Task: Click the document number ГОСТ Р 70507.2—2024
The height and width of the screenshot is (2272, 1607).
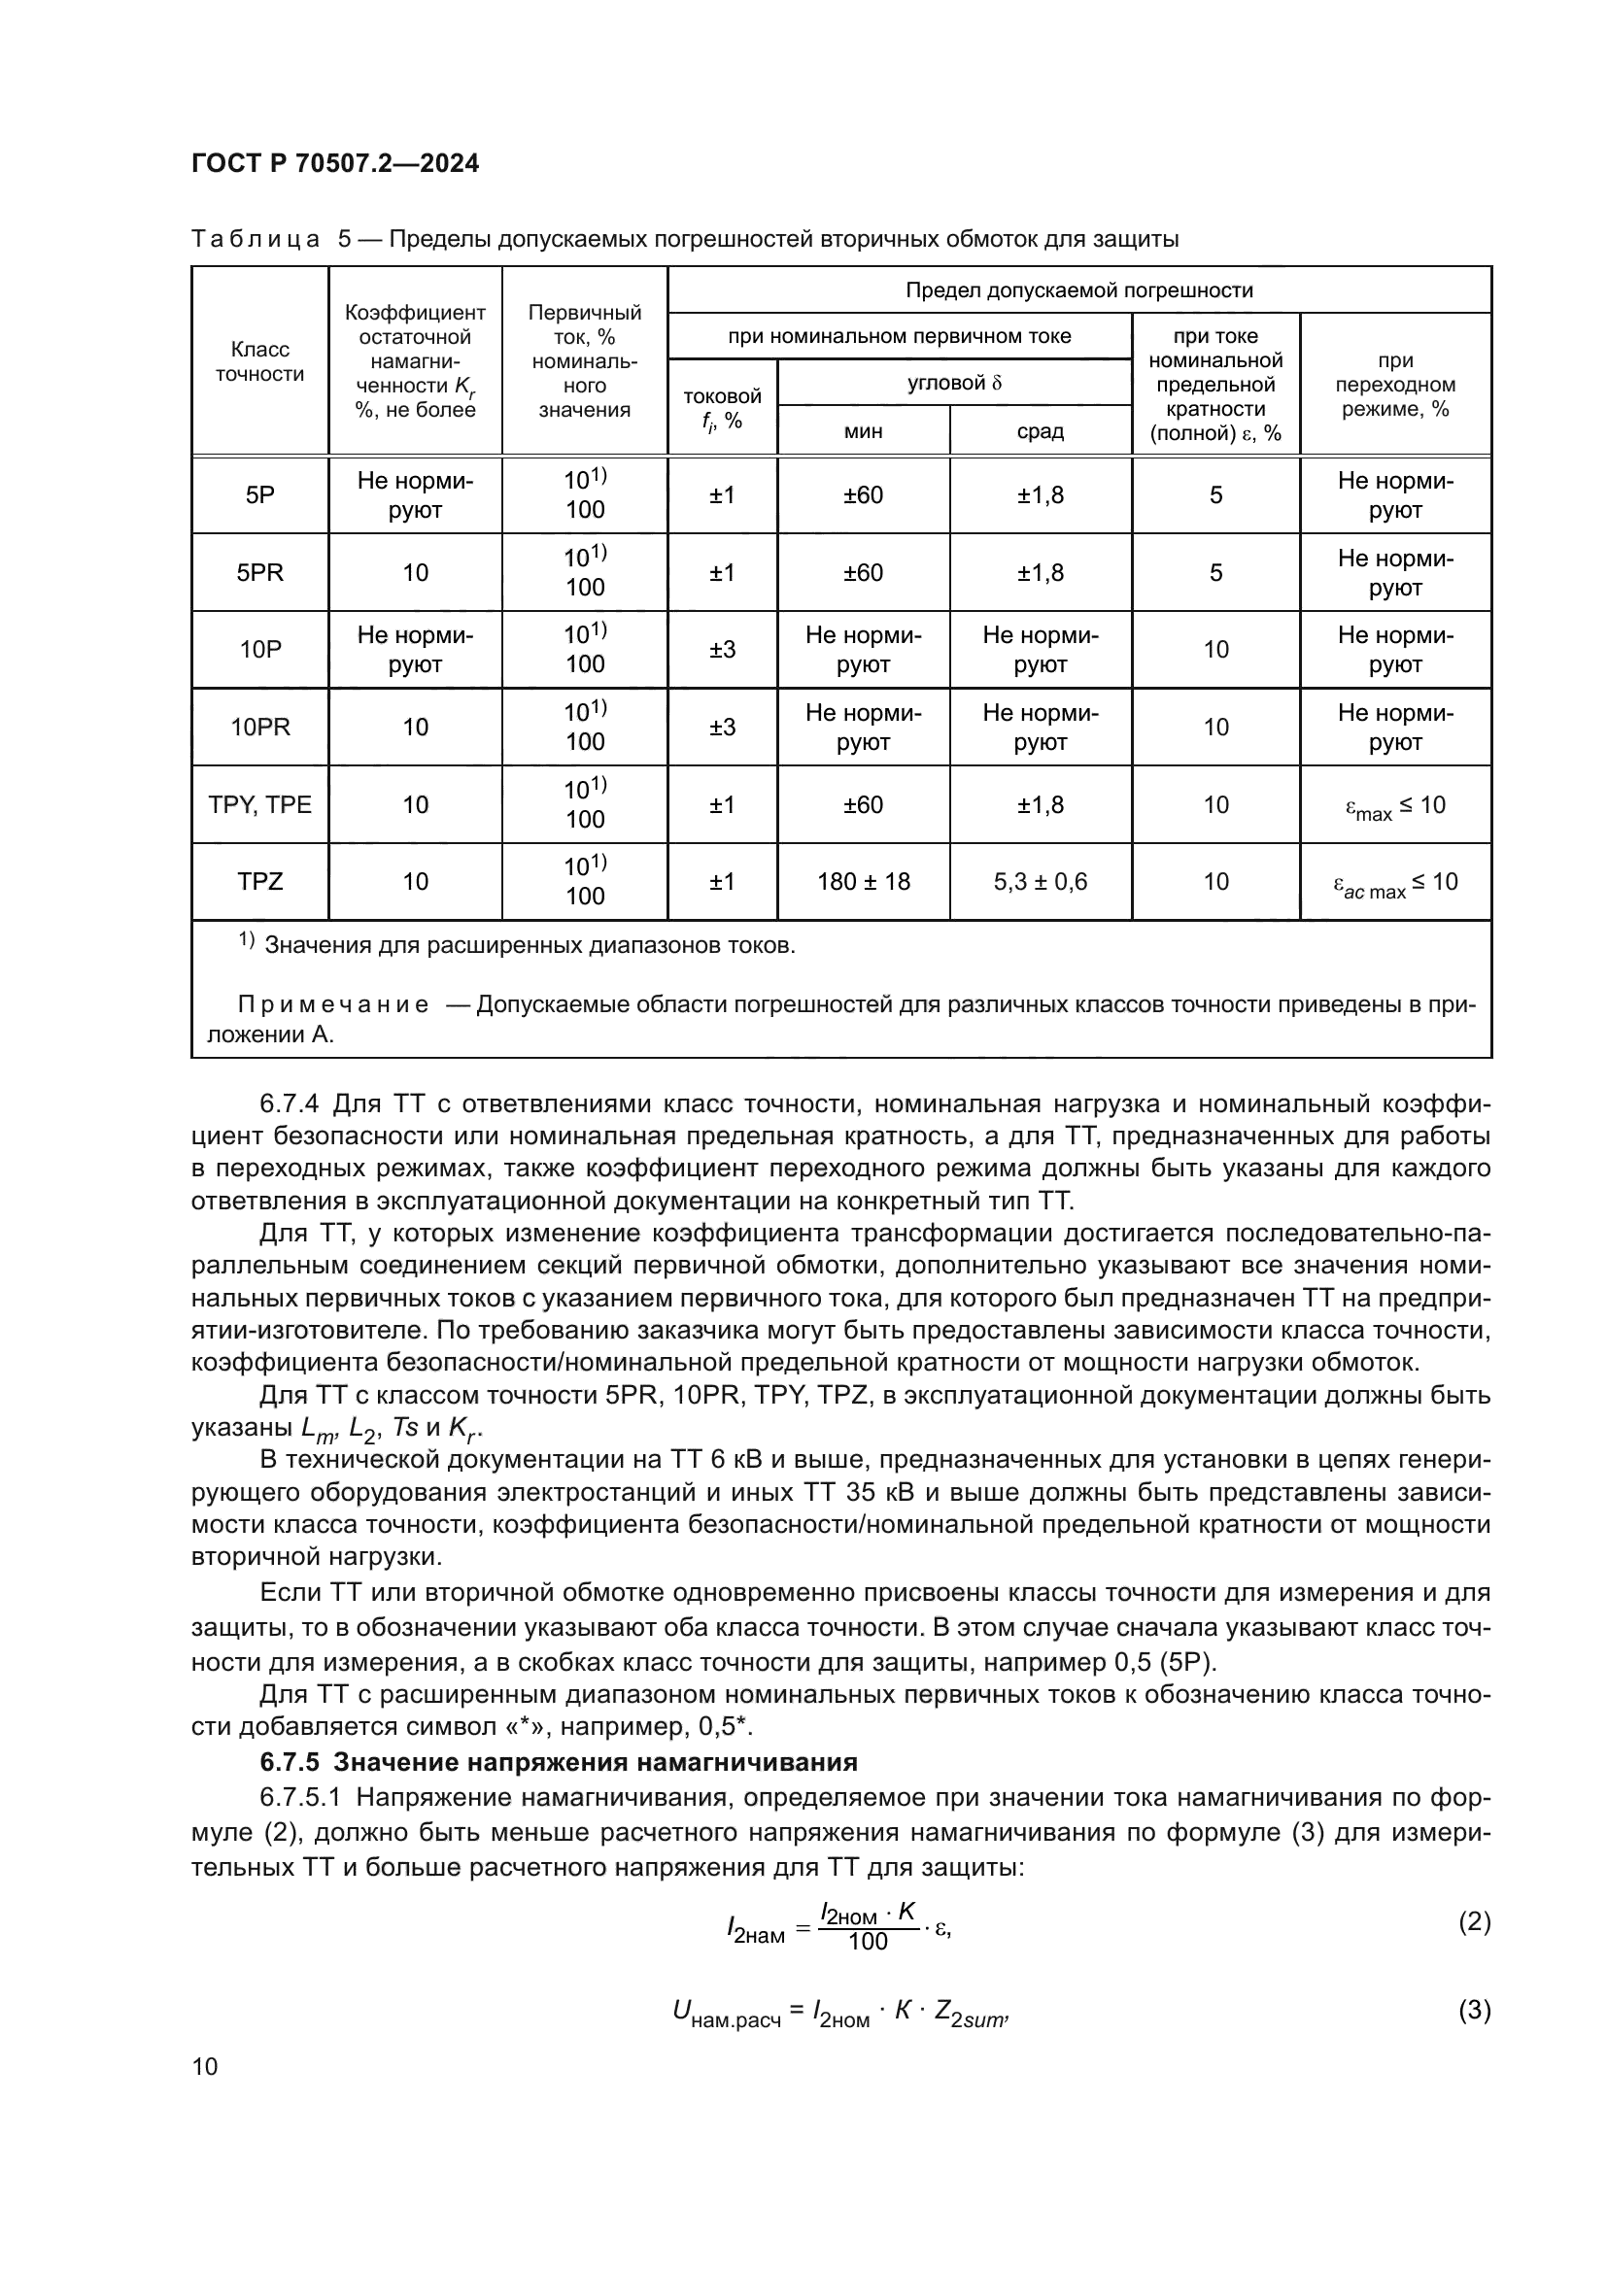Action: tap(335, 163)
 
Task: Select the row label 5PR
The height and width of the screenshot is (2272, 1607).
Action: tap(259, 573)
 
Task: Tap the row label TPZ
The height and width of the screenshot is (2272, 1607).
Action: tap(259, 882)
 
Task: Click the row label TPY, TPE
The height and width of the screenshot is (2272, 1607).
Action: tap(259, 804)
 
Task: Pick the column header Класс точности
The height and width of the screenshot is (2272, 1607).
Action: tap(259, 361)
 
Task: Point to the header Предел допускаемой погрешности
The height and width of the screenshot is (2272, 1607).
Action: tap(1078, 289)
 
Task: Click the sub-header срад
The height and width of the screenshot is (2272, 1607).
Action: tap(1040, 431)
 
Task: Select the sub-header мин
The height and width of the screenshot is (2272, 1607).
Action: tap(863, 431)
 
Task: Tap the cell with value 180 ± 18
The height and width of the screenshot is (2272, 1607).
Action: tap(863, 882)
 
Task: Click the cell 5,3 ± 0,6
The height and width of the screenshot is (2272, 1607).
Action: tap(1040, 882)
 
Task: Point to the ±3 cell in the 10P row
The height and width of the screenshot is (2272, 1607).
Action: tap(722, 650)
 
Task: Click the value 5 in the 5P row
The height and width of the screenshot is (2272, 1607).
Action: tap(1215, 495)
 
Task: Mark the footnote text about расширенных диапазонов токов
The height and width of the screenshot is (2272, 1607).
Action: tap(530, 946)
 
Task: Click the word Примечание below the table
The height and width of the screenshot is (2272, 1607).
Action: tap(333, 1005)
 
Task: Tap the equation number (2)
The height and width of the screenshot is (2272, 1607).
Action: tap(1474, 1922)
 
